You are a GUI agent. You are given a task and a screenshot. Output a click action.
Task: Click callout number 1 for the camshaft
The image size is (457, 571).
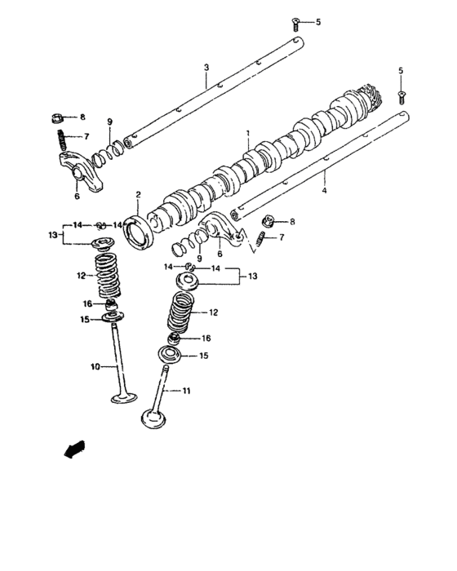(248, 131)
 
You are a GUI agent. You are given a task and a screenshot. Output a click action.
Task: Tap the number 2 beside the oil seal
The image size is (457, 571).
(139, 194)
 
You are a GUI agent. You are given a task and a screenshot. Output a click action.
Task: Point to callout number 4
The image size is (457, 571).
(324, 191)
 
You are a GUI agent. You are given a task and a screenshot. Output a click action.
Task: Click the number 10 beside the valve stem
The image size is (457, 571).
(95, 368)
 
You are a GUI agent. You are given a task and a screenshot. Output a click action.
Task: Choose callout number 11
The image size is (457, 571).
(186, 391)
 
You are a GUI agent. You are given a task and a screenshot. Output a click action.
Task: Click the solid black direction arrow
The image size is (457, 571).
(73, 448)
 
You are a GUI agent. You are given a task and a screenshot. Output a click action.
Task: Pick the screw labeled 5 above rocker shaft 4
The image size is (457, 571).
(400, 94)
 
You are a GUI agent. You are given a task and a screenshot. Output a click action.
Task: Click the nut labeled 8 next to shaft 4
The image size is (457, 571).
(267, 220)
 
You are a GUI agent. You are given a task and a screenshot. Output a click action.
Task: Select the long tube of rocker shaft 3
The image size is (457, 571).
(212, 90)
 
